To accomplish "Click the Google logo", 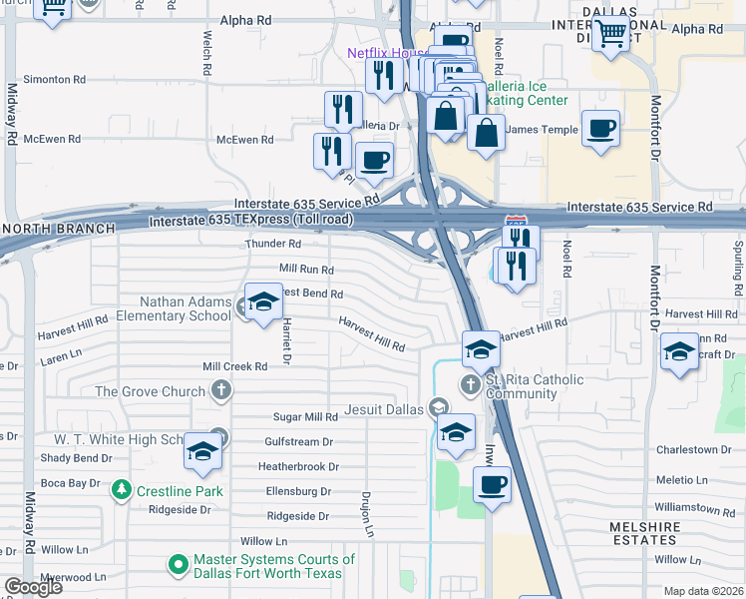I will pyautogui.click(x=33, y=587).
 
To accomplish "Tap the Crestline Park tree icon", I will pyautogui.click(x=122, y=490).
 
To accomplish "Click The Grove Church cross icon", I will pyautogui.click(x=221, y=391).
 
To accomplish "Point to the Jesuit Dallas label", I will pyautogui.click(x=385, y=407).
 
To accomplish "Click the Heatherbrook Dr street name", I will pyautogui.click(x=298, y=466).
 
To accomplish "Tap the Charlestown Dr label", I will pyautogui.click(x=700, y=450).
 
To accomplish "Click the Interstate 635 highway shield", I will pyautogui.click(x=516, y=221).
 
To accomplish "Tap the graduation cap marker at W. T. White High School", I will pyautogui.click(x=202, y=452).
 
